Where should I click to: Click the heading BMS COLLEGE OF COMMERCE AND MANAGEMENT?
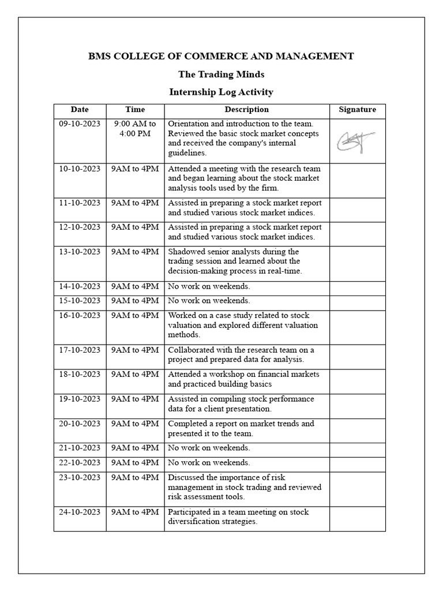click(221, 56)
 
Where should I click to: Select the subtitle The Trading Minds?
click(221, 74)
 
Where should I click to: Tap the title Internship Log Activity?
click(221, 92)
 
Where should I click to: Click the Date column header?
click(80, 110)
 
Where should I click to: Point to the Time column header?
click(135, 110)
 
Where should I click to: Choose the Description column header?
click(246, 110)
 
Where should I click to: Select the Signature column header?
click(357, 110)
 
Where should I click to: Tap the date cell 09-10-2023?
click(80, 124)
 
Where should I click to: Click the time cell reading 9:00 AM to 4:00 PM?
click(135, 129)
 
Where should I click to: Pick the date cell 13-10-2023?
click(80, 252)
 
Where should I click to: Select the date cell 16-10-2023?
click(80, 316)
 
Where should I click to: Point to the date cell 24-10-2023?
click(80, 512)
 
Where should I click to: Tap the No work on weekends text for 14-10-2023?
click(209, 286)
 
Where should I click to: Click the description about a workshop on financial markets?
click(243, 379)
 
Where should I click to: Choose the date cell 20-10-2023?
click(80, 424)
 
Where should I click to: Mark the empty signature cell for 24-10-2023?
click(357, 518)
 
